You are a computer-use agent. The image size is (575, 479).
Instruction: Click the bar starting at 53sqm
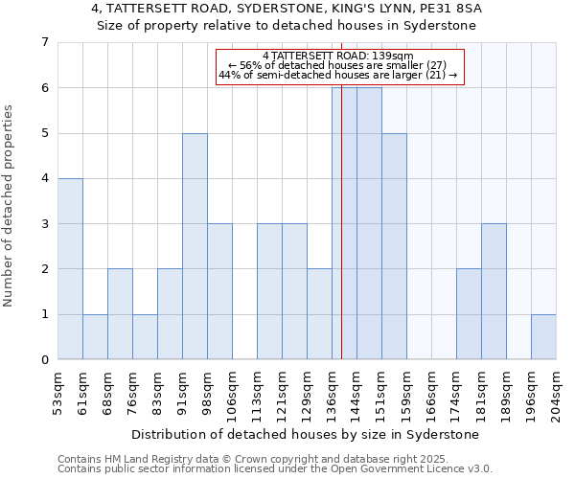pos(70,268)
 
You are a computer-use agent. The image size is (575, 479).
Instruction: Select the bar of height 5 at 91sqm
pos(195,246)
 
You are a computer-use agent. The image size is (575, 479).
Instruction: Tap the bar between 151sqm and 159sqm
pos(394,246)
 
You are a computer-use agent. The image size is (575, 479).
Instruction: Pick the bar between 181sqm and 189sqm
pos(494,291)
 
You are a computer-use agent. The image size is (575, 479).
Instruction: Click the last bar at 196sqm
pos(543,336)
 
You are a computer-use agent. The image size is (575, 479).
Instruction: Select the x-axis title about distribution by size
pos(306,434)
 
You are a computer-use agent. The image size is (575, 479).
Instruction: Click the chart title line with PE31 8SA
pos(287,9)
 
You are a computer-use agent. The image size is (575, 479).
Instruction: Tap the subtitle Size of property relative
pos(287,26)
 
